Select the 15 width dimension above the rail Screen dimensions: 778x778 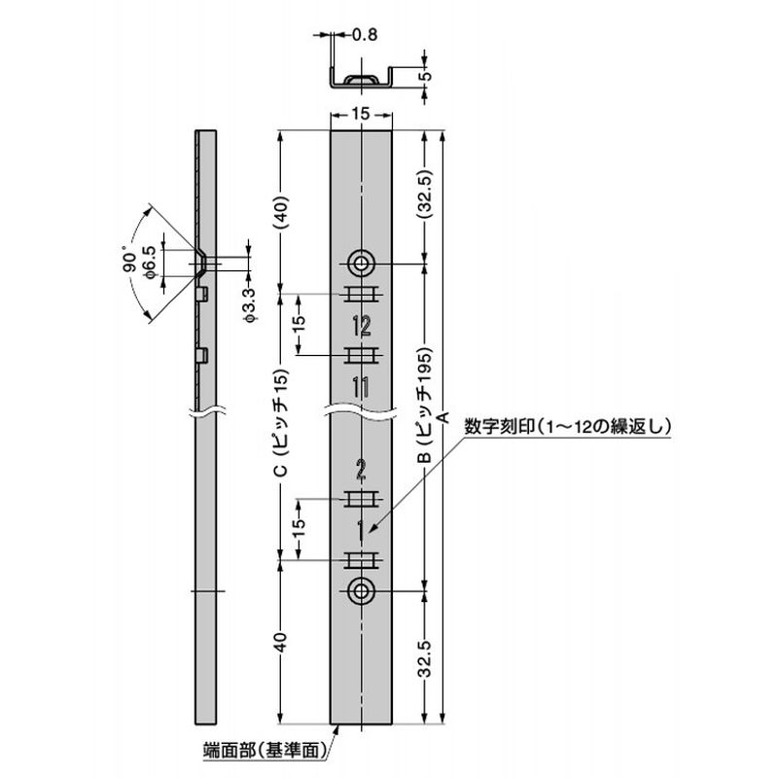(x=360, y=114)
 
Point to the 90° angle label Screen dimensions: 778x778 (x=132, y=263)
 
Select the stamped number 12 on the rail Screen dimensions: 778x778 (x=361, y=326)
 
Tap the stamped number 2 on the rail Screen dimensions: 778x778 (x=361, y=474)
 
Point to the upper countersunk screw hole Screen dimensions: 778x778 (x=362, y=263)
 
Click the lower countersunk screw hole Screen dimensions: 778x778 (x=362, y=590)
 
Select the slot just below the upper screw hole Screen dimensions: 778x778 (x=361, y=296)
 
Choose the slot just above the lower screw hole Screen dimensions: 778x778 (x=361, y=561)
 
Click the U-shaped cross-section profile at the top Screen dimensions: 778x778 (x=361, y=80)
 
